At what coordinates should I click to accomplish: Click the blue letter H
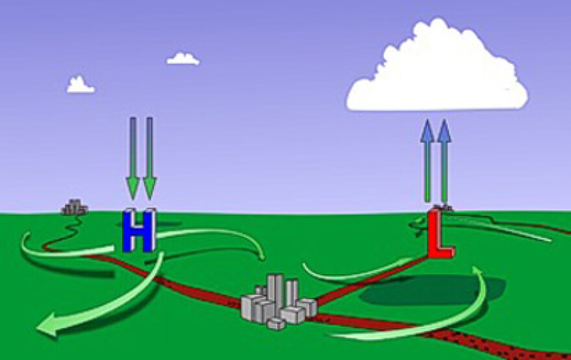coord(139,230)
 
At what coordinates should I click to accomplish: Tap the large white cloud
coord(437,67)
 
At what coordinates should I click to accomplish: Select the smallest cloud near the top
coord(183,59)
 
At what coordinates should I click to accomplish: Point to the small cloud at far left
coord(80,85)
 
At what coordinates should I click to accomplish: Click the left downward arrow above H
coord(133,158)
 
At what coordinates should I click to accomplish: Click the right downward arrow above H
coord(150,158)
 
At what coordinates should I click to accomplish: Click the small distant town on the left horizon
coord(75,207)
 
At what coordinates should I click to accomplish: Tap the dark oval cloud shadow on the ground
coord(431,290)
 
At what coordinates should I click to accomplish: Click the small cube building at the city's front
coord(276,324)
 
